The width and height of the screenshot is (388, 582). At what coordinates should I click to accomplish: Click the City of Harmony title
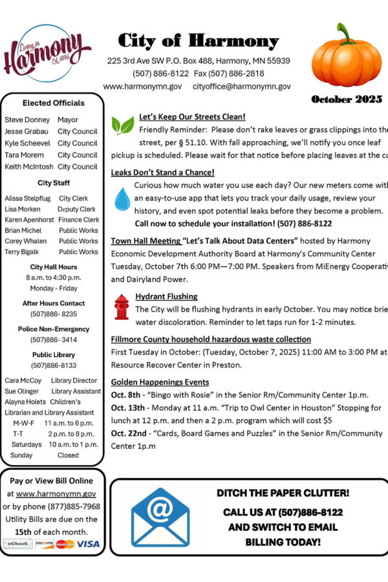tap(198, 41)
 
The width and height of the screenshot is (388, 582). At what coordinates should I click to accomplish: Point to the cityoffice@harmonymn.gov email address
tap(241, 86)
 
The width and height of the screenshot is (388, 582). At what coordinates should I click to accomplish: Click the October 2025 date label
tap(347, 100)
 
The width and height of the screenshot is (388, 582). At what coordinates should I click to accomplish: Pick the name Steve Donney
tap(27, 120)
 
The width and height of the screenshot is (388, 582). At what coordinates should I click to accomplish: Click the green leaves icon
tap(122, 125)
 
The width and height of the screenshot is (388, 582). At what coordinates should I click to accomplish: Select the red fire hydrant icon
tap(122, 307)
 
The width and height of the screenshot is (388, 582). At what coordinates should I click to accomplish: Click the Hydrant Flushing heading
tap(166, 296)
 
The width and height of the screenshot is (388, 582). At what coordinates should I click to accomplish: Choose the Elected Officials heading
tap(53, 103)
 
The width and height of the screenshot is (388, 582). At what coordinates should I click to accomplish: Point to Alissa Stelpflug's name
tap(27, 199)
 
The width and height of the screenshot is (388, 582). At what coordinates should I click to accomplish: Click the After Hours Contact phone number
tap(53, 314)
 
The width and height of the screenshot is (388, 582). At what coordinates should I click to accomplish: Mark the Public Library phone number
tap(53, 365)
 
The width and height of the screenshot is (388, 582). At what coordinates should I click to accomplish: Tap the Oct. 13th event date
tap(127, 408)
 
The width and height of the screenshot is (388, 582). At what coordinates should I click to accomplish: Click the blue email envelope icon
tap(160, 517)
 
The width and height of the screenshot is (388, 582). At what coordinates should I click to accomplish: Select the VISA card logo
tap(89, 544)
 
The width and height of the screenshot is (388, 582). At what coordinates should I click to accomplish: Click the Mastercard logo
tap(65, 544)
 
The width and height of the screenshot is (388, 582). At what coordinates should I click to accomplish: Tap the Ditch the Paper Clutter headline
tap(283, 493)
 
